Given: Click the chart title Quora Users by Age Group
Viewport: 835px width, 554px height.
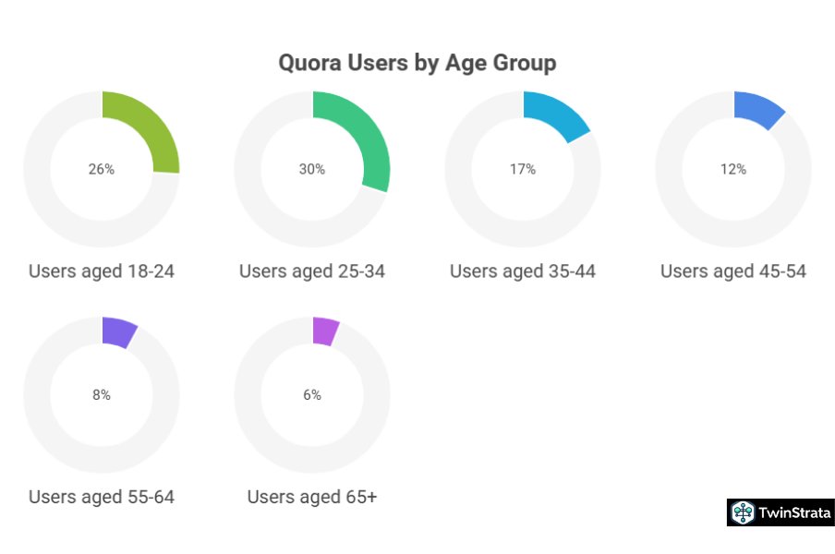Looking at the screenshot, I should tap(417, 63).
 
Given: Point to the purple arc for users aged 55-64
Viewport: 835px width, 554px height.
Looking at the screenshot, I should tap(119, 331).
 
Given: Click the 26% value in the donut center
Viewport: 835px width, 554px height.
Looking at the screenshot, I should tap(102, 169).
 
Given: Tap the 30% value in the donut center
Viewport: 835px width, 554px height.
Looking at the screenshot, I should tap(312, 169).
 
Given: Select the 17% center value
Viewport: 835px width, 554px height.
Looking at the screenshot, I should tap(523, 169).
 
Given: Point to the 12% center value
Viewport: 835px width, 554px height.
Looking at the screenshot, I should tap(733, 169).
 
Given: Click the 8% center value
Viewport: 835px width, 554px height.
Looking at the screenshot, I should tap(102, 395).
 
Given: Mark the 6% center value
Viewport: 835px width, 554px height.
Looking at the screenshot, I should tap(312, 395).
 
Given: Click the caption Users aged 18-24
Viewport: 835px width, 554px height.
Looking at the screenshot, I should tap(102, 271).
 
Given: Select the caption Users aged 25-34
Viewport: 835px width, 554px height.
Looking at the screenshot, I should tap(312, 271).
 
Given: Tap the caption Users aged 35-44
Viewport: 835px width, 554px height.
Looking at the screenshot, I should tap(523, 271).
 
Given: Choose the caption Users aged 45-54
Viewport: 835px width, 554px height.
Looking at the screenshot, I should tap(733, 271).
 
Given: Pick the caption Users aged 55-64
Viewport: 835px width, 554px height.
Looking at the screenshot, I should tap(102, 498).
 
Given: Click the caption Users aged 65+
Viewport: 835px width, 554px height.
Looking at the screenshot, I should tap(312, 498).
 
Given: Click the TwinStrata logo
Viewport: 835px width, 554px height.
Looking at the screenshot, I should tap(781, 512).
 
